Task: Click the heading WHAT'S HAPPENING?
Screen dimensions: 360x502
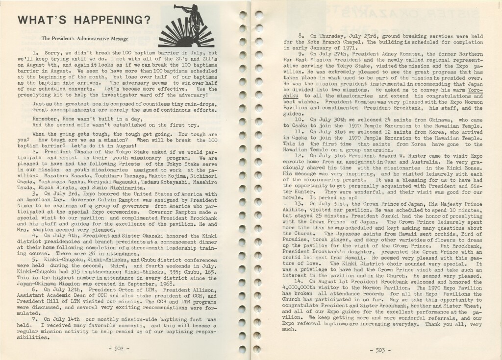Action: [x=83, y=21]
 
